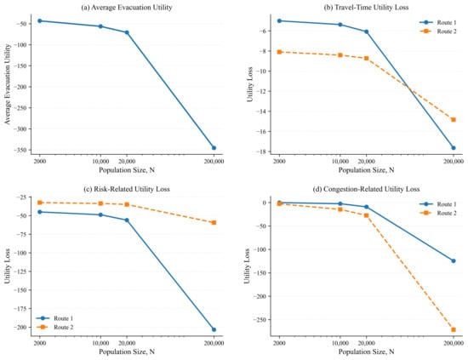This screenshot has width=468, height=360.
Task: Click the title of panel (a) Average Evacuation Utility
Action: coord(127,8)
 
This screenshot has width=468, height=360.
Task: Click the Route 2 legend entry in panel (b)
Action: coord(438,31)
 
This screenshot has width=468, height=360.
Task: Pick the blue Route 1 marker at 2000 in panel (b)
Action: coord(279,21)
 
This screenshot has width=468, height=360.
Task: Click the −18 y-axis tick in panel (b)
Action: coord(262,151)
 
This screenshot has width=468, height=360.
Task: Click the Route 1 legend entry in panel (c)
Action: coord(54,318)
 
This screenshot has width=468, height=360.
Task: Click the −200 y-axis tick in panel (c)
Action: coord(20,328)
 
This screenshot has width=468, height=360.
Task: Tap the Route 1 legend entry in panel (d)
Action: coord(438,204)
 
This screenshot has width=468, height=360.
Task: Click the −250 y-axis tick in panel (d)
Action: coord(260,320)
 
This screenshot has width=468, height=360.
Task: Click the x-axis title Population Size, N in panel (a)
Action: coord(127,170)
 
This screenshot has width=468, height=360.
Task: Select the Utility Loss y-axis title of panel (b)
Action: coord(250,84)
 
